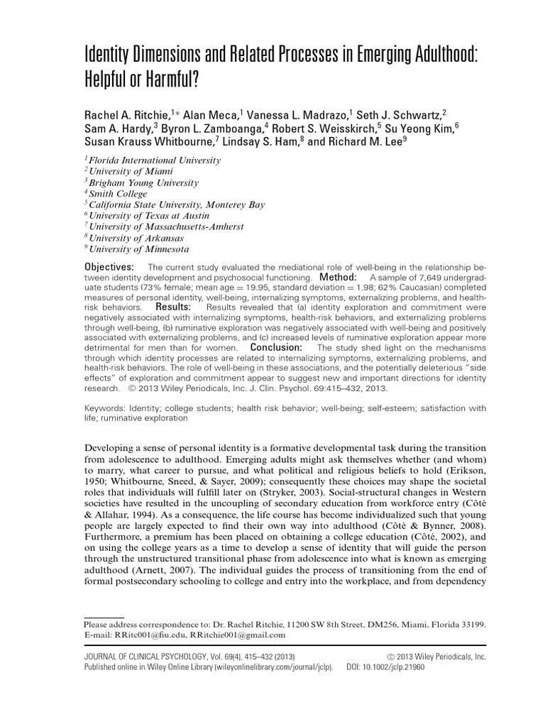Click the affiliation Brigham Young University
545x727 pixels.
click(x=139, y=182)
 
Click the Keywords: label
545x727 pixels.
click(x=104, y=408)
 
